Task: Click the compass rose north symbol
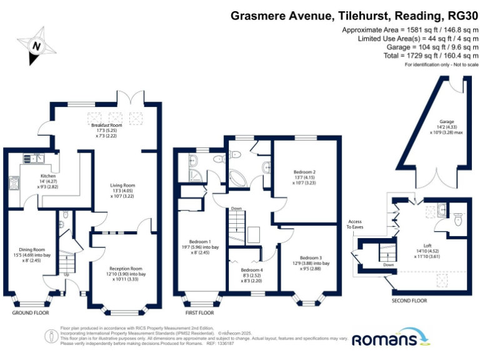tap(36, 45)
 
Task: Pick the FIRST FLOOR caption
tap(199, 312)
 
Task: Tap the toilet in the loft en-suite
tap(458, 219)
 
